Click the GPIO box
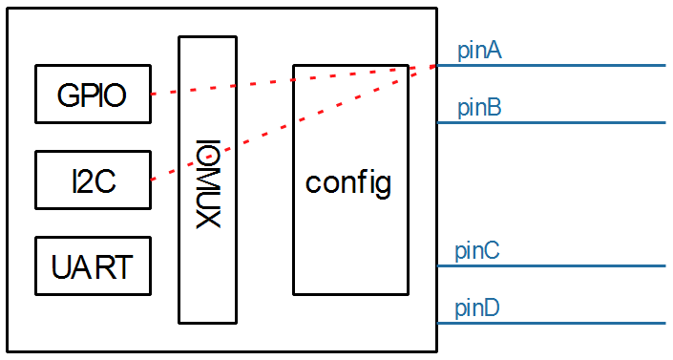pos(93,95)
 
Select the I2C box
pos(93,180)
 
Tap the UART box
pos(93,265)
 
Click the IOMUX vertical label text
pos(207,184)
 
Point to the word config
pos(348,181)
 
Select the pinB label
pos(479,108)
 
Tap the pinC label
pos(477,251)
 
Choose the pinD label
pos(478,308)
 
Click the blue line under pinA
pos(554,66)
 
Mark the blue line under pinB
pos(554,122)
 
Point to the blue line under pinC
pos(554,265)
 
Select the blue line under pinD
pos(554,323)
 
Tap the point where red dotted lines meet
pos(431,66)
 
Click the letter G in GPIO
pos(67,95)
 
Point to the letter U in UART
pos(60,266)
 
